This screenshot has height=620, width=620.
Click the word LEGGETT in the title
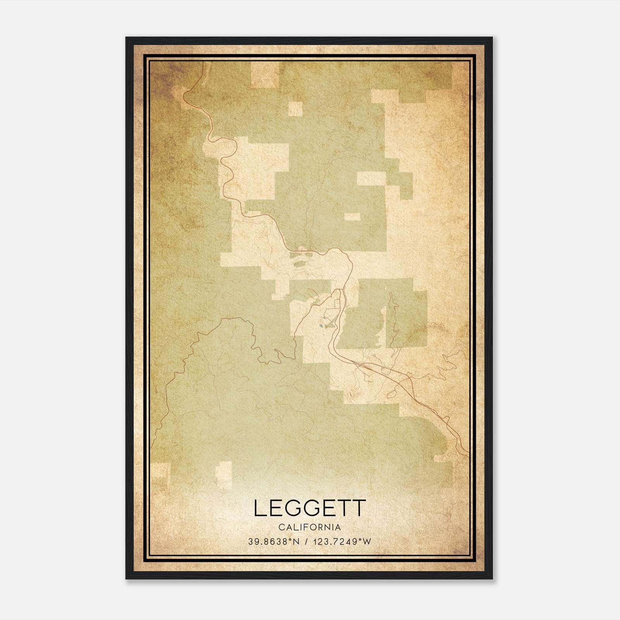coord(310,508)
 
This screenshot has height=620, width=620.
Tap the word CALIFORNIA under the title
coord(310,527)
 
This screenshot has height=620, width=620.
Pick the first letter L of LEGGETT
coord(260,508)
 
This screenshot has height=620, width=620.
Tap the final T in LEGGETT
coord(358,508)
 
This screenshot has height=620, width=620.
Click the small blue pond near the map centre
coord(321,326)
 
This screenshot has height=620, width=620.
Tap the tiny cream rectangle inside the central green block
coord(352,217)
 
